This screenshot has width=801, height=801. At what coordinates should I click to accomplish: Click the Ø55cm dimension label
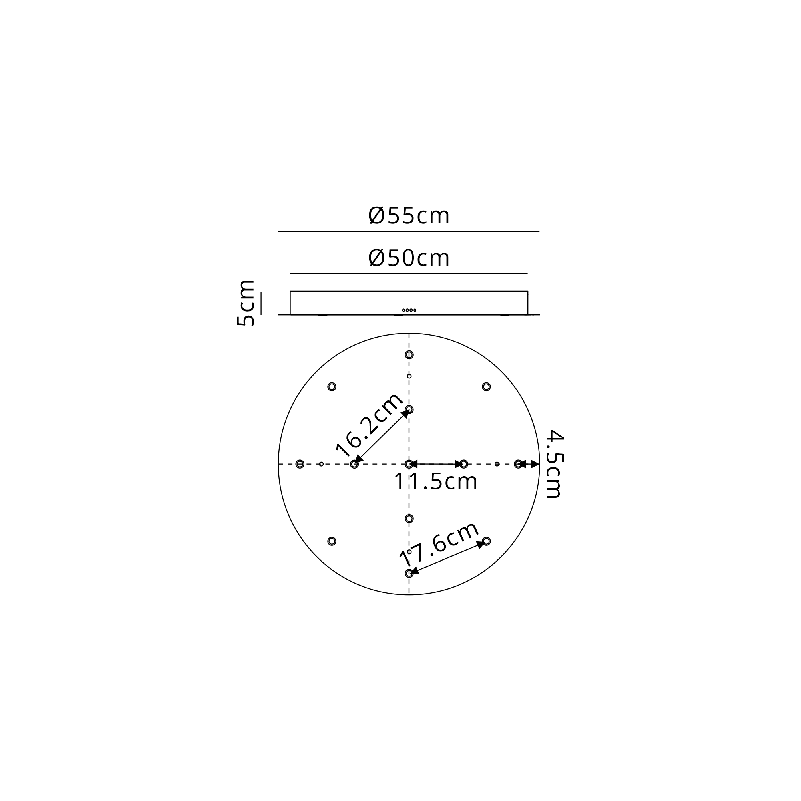click(409, 216)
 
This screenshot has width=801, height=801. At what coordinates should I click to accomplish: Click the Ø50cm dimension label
click(409, 258)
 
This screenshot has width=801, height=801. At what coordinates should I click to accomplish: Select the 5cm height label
click(245, 303)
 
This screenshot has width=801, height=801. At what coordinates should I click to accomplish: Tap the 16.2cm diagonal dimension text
click(369, 424)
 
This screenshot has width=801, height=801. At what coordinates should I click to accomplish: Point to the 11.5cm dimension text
click(436, 481)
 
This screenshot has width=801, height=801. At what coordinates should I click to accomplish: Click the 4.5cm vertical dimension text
click(555, 464)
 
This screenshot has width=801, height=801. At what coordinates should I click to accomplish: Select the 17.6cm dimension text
click(439, 544)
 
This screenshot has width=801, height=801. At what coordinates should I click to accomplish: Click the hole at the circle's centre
click(409, 464)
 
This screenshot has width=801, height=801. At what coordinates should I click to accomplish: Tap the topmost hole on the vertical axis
click(409, 355)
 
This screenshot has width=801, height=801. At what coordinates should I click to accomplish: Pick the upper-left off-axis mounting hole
click(332, 387)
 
